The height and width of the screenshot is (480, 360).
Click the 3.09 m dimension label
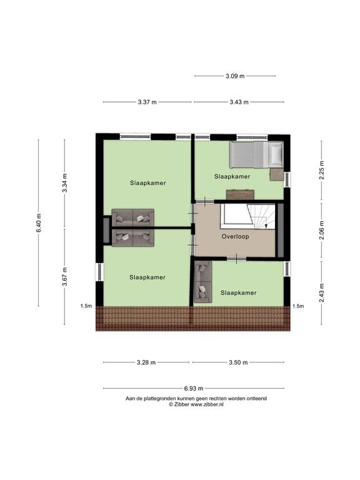(x=235, y=76)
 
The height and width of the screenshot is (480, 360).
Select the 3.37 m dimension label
(x=147, y=102)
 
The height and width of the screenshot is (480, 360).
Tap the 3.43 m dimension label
(x=239, y=102)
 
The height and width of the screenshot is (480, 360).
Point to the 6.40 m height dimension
(x=38, y=223)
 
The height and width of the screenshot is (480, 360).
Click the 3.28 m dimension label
(x=146, y=362)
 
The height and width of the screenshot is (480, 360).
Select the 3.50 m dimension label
(x=237, y=362)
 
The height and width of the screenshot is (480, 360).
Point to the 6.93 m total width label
(x=193, y=388)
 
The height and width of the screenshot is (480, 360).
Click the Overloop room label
(x=235, y=237)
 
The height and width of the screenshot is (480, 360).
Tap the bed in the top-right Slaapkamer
(x=256, y=155)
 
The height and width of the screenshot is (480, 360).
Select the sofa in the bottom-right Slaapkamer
(x=201, y=282)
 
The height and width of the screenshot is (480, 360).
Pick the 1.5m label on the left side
(x=86, y=306)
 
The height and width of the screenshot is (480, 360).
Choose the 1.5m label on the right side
(x=298, y=306)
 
